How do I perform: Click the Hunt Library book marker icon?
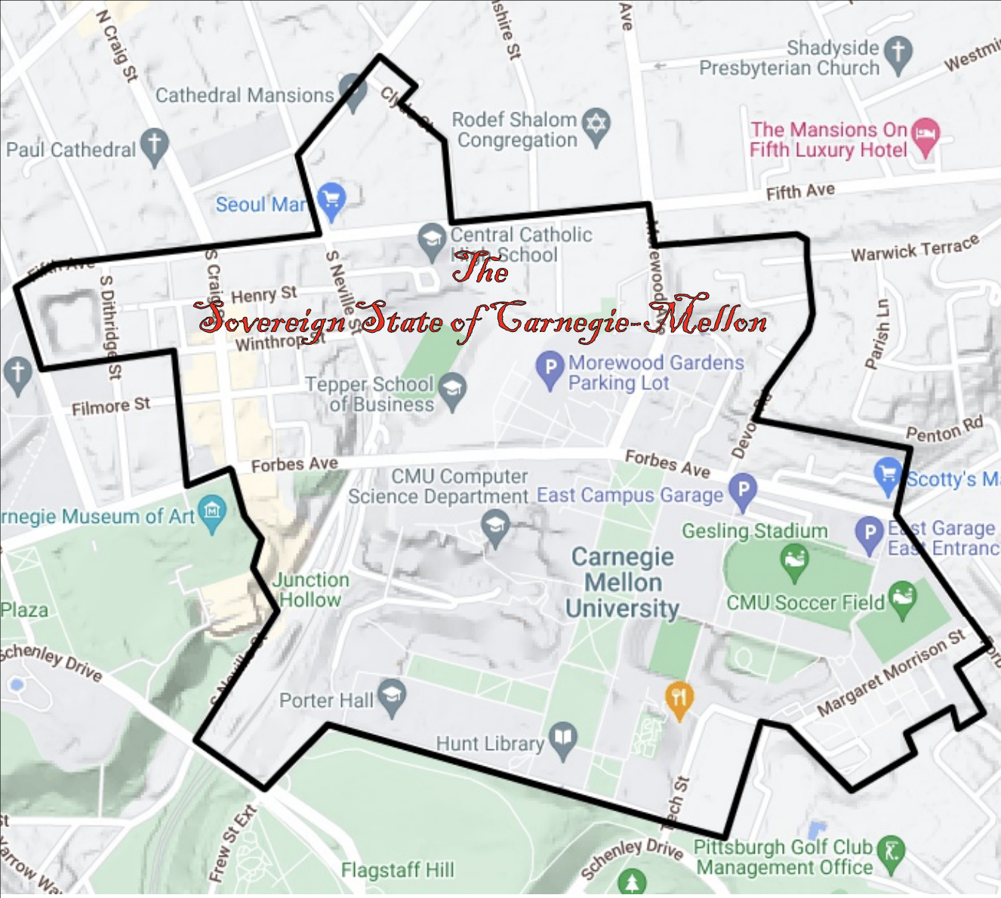563,740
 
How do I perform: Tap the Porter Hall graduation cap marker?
392,697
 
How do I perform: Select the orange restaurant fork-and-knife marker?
679,700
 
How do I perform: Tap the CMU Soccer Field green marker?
902,598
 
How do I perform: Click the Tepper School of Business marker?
452,391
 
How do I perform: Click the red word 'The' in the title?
479,269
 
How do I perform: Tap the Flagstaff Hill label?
398,870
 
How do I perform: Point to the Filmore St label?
111,407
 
